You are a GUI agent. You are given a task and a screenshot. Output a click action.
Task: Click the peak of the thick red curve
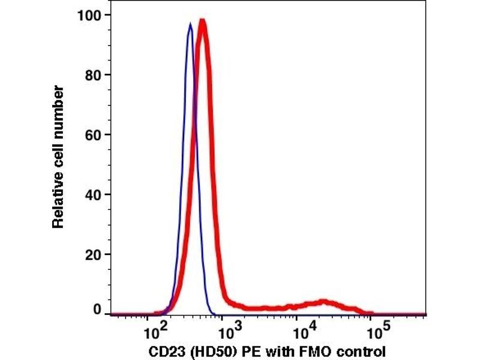[202, 21]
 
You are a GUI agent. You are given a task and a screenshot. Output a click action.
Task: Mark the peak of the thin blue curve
[190, 24]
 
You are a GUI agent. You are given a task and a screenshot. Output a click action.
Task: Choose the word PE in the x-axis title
[240, 350]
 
